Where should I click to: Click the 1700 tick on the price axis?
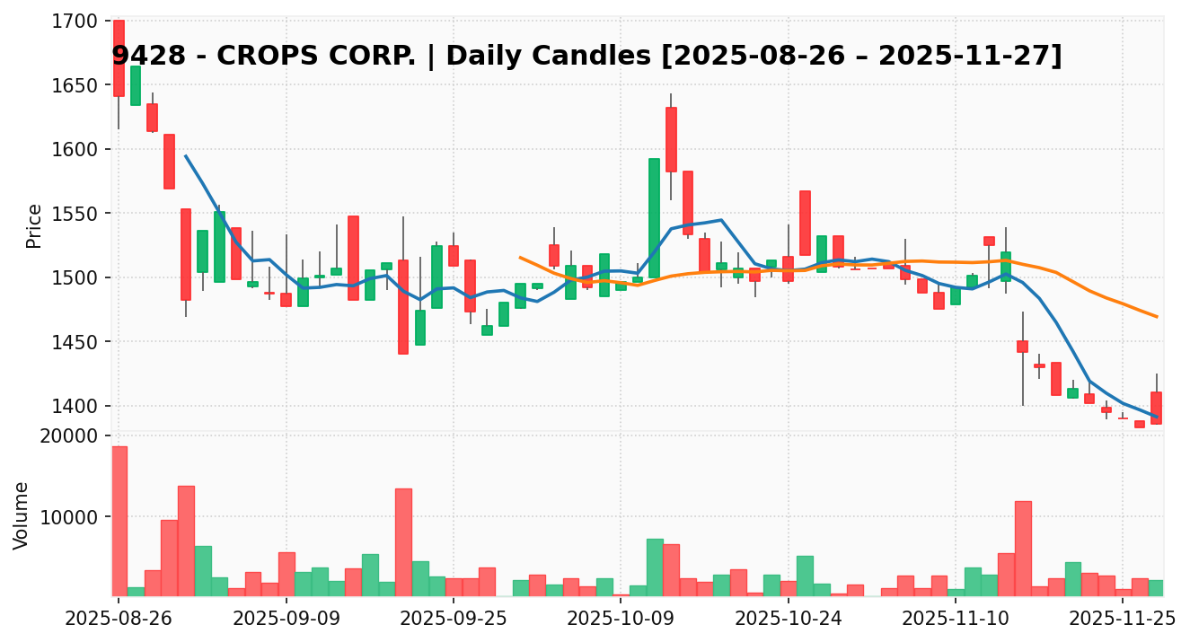(76, 21)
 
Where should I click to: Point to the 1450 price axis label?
(76, 342)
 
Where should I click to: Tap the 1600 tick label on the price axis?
(76, 149)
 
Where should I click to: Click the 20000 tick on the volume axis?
(72, 436)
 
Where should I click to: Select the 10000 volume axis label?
(72, 517)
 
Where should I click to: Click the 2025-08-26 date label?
(119, 619)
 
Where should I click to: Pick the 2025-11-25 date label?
(1122, 619)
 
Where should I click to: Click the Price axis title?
(34, 225)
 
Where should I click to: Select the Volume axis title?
(22, 515)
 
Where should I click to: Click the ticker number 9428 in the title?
(140, 57)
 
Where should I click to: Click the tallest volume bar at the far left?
(119, 521)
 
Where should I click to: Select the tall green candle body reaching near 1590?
(654, 218)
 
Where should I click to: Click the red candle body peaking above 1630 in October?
(671, 139)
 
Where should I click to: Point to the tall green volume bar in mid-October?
(654, 567)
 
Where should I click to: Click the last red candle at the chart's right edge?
(1156, 408)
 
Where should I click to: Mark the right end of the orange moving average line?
(1157, 316)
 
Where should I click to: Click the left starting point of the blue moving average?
(186, 155)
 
